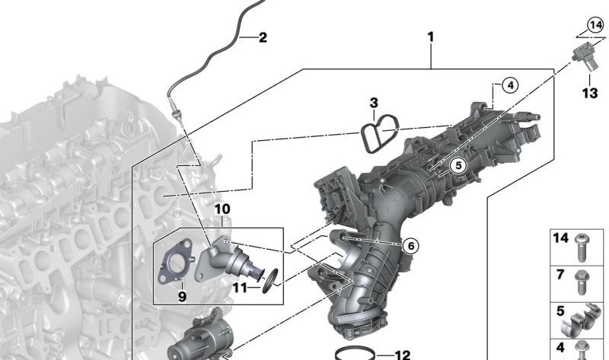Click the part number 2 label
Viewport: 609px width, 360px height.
tap(263, 37)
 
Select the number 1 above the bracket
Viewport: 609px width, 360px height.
tap(430, 37)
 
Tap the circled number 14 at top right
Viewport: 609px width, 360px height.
tap(595, 26)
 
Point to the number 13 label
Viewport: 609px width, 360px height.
tap(589, 93)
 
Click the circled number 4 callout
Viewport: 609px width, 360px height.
tap(510, 85)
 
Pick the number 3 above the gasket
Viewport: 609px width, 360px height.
tap(374, 103)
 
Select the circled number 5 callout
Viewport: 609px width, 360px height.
tap(459, 165)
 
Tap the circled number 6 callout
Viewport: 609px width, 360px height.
tap(411, 245)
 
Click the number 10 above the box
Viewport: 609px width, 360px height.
tap(222, 209)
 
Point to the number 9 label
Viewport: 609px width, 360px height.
tap(182, 297)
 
